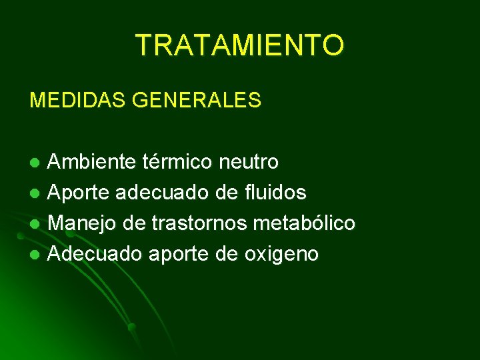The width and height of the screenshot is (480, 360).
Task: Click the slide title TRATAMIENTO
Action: tap(240, 45)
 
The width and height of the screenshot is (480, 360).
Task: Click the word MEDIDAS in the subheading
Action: tap(78, 101)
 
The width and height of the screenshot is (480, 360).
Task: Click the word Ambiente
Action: tap(93, 162)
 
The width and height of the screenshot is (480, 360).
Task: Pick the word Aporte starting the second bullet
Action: tap(79, 193)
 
